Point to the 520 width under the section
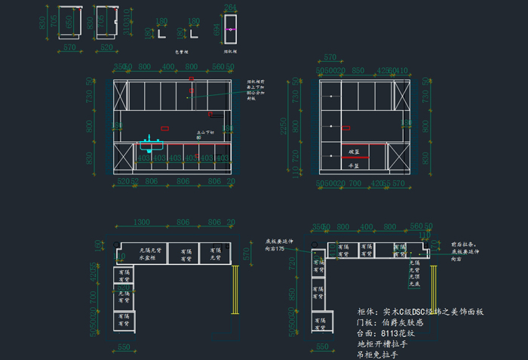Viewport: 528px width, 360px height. coord(106,48)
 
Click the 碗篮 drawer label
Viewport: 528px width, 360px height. coord(353,152)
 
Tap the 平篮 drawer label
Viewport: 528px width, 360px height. coord(353,166)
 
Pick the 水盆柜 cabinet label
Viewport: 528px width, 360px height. coord(147,258)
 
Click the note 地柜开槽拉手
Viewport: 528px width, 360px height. coord(382,343)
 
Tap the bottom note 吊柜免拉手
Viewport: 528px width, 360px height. coord(377,354)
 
